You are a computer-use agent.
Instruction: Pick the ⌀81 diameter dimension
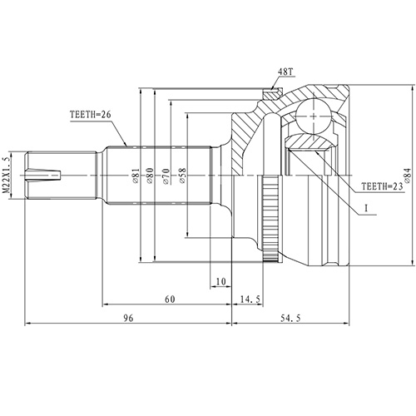pos(135,175)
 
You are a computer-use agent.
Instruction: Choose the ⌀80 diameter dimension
pos(150,175)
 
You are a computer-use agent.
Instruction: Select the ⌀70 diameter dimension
pos(166,175)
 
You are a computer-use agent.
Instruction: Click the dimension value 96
pos(128,316)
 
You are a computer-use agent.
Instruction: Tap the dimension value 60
pos(169,297)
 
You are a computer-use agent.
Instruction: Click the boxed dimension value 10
pos(220,282)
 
